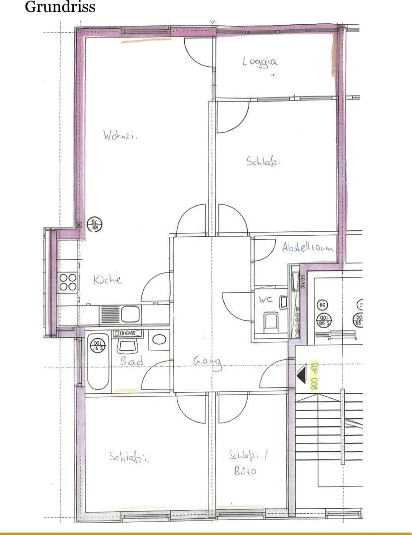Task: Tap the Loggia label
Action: point(260,61)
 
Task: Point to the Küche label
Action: point(107,280)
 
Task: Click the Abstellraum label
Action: point(308,247)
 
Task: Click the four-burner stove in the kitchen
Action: point(68,282)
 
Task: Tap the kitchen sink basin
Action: point(130,314)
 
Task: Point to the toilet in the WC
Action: point(270,321)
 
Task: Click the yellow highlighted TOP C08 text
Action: point(313,375)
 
